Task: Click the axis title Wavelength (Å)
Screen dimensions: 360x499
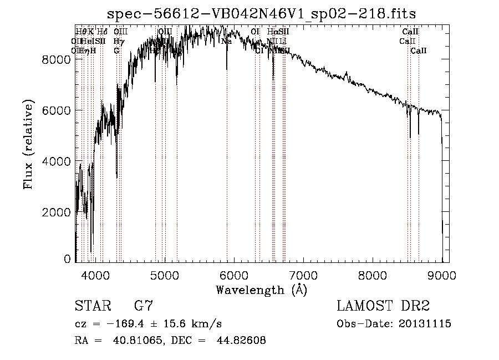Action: pos(261,290)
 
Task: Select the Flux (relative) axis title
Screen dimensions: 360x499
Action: pos(28,145)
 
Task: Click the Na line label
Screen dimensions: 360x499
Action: pos(226,41)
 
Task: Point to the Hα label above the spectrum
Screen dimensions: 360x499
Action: pos(272,32)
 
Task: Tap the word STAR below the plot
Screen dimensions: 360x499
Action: pos(92,306)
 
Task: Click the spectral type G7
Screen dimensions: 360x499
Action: pos(143,306)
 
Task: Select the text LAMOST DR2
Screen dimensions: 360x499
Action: pos(383,306)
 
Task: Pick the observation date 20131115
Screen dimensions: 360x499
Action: pos(426,324)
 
